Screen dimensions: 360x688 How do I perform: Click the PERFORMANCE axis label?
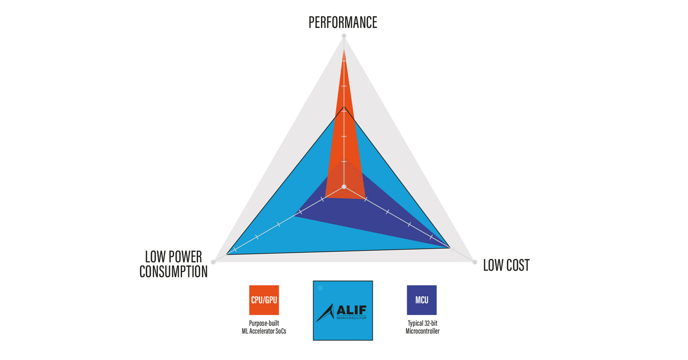pyautogui.click(x=343, y=22)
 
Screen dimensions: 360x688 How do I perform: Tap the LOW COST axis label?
pyautogui.click(x=506, y=265)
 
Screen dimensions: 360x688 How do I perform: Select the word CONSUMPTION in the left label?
pyautogui.click(x=174, y=271)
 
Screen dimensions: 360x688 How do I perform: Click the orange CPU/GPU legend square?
pyautogui.click(x=264, y=300)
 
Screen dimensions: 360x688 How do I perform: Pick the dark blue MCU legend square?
pyautogui.click(x=421, y=300)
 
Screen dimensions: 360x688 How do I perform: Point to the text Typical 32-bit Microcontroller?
pyautogui.click(x=422, y=327)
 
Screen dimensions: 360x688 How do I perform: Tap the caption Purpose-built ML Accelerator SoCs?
pyautogui.click(x=264, y=327)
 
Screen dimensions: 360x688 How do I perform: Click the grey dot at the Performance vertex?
pyautogui.click(x=344, y=36)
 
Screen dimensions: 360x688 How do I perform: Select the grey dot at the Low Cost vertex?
pyautogui.click(x=474, y=262)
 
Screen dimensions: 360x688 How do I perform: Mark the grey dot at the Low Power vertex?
pyautogui.click(x=213, y=262)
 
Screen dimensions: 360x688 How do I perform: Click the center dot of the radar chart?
pyautogui.click(x=344, y=187)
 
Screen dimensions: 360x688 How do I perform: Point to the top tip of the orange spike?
pyautogui.click(x=344, y=49)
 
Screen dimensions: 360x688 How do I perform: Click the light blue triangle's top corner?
pyautogui.click(x=344, y=107)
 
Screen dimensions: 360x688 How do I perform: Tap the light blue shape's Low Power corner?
pyautogui.click(x=227, y=254)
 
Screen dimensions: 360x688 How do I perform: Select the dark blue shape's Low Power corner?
pyautogui.click(x=295, y=216)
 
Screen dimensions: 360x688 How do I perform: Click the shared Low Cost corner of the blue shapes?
pyautogui.click(x=450, y=247)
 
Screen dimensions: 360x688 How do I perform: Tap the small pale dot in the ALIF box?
pyautogui.click(x=320, y=288)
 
